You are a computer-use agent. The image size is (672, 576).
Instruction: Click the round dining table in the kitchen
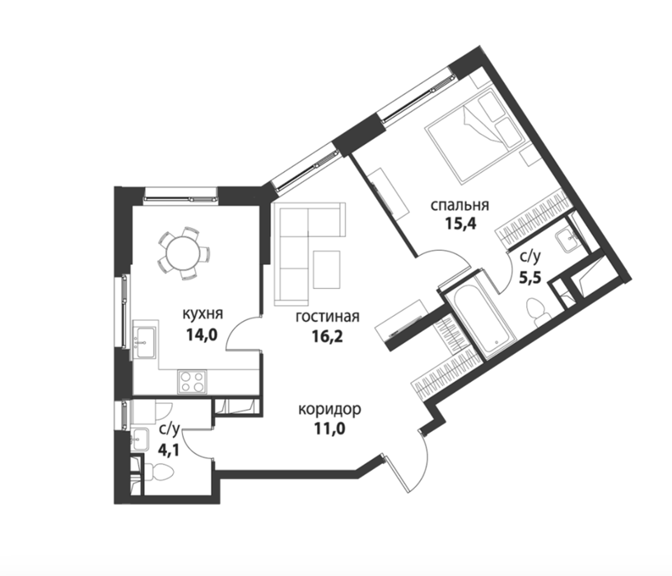click(182, 253)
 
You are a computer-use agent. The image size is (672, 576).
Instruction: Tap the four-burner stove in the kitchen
click(192, 382)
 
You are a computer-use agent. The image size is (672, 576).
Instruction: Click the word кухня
click(203, 314)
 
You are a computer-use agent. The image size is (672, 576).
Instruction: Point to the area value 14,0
click(202, 334)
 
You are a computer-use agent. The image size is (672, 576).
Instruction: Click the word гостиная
click(328, 317)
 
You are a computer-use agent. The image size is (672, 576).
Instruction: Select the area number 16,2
click(328, 337)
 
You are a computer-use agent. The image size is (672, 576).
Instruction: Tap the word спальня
click(460, 205)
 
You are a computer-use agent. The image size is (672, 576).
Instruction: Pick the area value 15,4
click(460, 224)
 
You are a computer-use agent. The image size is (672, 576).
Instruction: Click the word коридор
click(329, 410)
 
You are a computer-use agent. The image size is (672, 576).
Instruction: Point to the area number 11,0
click(329, 428)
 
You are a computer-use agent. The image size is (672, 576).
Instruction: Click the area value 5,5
click(530, 278)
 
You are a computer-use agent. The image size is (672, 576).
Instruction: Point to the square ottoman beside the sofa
click(327, 269)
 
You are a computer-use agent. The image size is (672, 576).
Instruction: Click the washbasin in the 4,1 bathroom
click(140, 439)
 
